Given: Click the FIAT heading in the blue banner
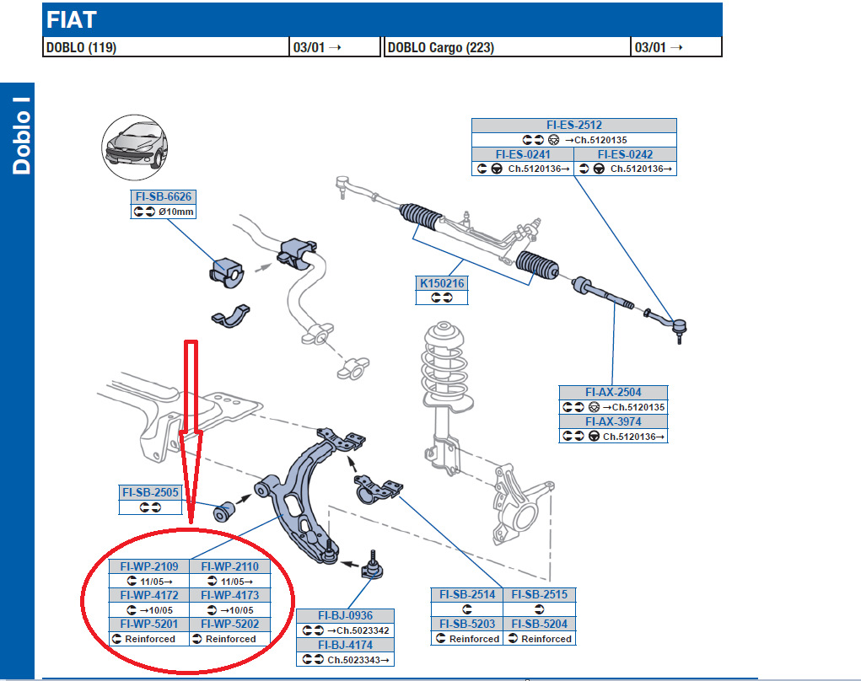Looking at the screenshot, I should pyautogui.click(x=71, y=20).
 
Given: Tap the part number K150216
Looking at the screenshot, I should pyautogui.click(x=443, y=284).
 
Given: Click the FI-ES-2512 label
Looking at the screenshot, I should pyautogui.click(x=573, y=126).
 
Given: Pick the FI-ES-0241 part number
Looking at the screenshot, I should pyautogui.click(x=523, y=154).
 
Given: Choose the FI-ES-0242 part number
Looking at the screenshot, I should pyautogui.click(x=625, y=154).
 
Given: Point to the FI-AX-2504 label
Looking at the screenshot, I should pyautogui.click(x=613, y=392).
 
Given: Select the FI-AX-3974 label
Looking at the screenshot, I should pyautogui.click(x=613, y=421).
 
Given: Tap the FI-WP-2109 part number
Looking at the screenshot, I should pyautogui.click(x=149, y=566).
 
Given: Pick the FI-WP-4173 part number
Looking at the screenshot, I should pyautogui.click(x=230, y=595).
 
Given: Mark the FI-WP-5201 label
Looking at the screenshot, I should pyautogui.click(x=149, y=625).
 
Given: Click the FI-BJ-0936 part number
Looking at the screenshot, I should pyautogui.click(x=346, y=615).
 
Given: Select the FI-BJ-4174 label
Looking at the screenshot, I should pyautogui.click(x=346, y=645).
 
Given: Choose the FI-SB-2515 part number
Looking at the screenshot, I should pyautogui.click(x=540, y=595).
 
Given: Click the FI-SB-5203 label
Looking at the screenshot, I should pyautogui.click(x=466, y=625).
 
